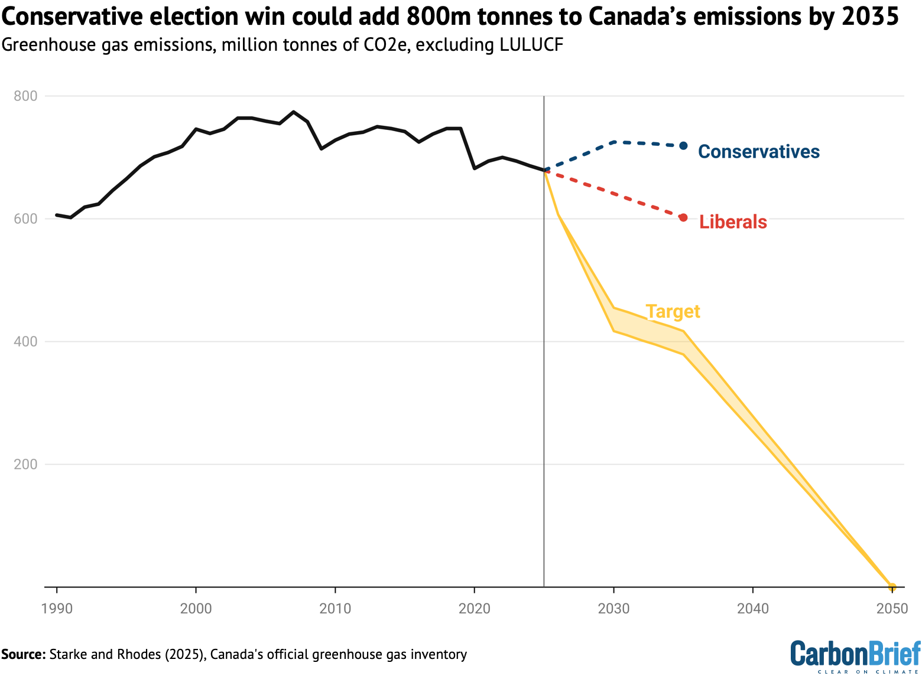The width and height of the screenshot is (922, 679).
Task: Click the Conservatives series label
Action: (758, 152)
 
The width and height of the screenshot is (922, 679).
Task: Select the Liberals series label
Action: (733, 222)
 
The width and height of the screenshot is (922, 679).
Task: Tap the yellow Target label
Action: (673, 311)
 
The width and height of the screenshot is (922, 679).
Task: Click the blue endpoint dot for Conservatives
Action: (683, 145)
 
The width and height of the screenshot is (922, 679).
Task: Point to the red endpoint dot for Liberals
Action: (683, 217)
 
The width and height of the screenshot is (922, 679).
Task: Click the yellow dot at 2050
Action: (892, 587)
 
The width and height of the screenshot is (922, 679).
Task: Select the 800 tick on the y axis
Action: (25, 96)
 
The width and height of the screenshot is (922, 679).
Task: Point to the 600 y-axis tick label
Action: (25, 218)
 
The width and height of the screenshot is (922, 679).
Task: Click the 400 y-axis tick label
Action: (25, 341)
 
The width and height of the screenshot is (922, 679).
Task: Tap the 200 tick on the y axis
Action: (25, 464)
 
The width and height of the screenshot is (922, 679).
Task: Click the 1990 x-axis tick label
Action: (57, 608)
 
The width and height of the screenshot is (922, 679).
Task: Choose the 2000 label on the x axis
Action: (196, 608)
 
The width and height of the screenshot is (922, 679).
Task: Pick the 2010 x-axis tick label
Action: (335, 608)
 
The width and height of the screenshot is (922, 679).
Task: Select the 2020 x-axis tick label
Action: (475, 608)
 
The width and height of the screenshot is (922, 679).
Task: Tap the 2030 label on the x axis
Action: (614, 608)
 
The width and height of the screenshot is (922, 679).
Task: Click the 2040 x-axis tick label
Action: (753, 608)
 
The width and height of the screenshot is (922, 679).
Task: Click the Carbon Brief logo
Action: (855, 656)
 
